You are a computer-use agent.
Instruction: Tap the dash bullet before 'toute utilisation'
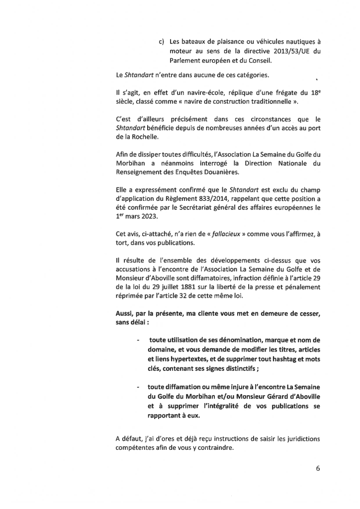click(x=137, y=339)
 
